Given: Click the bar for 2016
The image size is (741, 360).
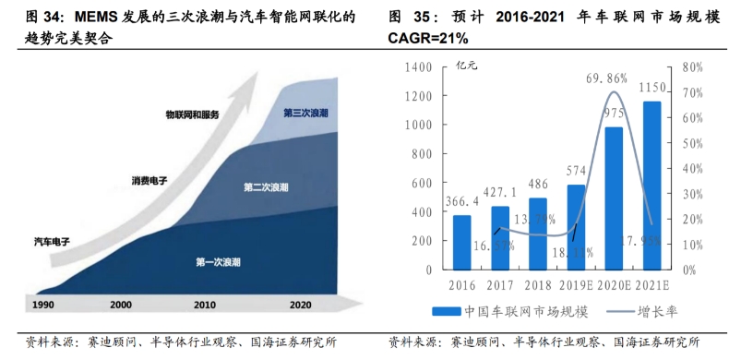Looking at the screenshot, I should (462, 242).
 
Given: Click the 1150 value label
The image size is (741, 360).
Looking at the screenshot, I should (652, 88).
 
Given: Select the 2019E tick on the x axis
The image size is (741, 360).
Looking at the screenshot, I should (576, 284).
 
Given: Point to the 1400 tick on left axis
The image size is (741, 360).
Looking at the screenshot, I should (417, 67).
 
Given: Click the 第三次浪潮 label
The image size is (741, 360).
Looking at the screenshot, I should (305, 113).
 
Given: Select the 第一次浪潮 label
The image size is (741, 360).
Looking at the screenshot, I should (219, 262).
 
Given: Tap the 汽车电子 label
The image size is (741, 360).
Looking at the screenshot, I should (52, 242).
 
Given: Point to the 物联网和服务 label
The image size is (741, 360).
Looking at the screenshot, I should (192, 114).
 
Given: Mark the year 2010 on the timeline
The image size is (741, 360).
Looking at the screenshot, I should (205, 304).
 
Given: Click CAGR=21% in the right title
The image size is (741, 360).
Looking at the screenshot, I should (428, 38).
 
